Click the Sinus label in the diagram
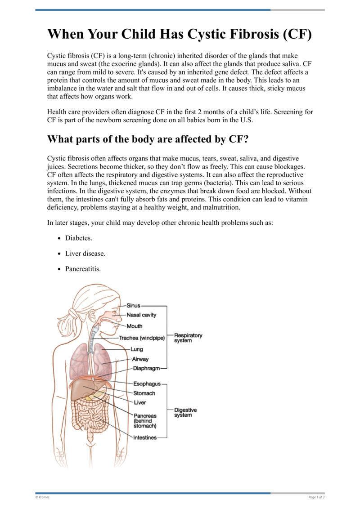(x=133, y=305)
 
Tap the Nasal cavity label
(x=141, y=315)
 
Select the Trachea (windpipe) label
(x=142, y=338)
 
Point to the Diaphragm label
(x=147, y=368)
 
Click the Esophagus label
(x=147, y=384)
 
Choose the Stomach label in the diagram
(x=144, y=393)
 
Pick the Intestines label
(x=145, y=437)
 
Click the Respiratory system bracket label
(x=188, y=338)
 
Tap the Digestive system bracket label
(x=185, y=412)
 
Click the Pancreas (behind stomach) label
(x=145, y=421)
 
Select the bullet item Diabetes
(x=79, y=238)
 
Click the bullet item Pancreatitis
(x=83, y=269)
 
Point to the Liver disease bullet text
(x=85, y=254)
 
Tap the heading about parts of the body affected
(x=148, y=139)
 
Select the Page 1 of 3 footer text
(x=316, y=497)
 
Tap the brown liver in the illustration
(x=84, y=388)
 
